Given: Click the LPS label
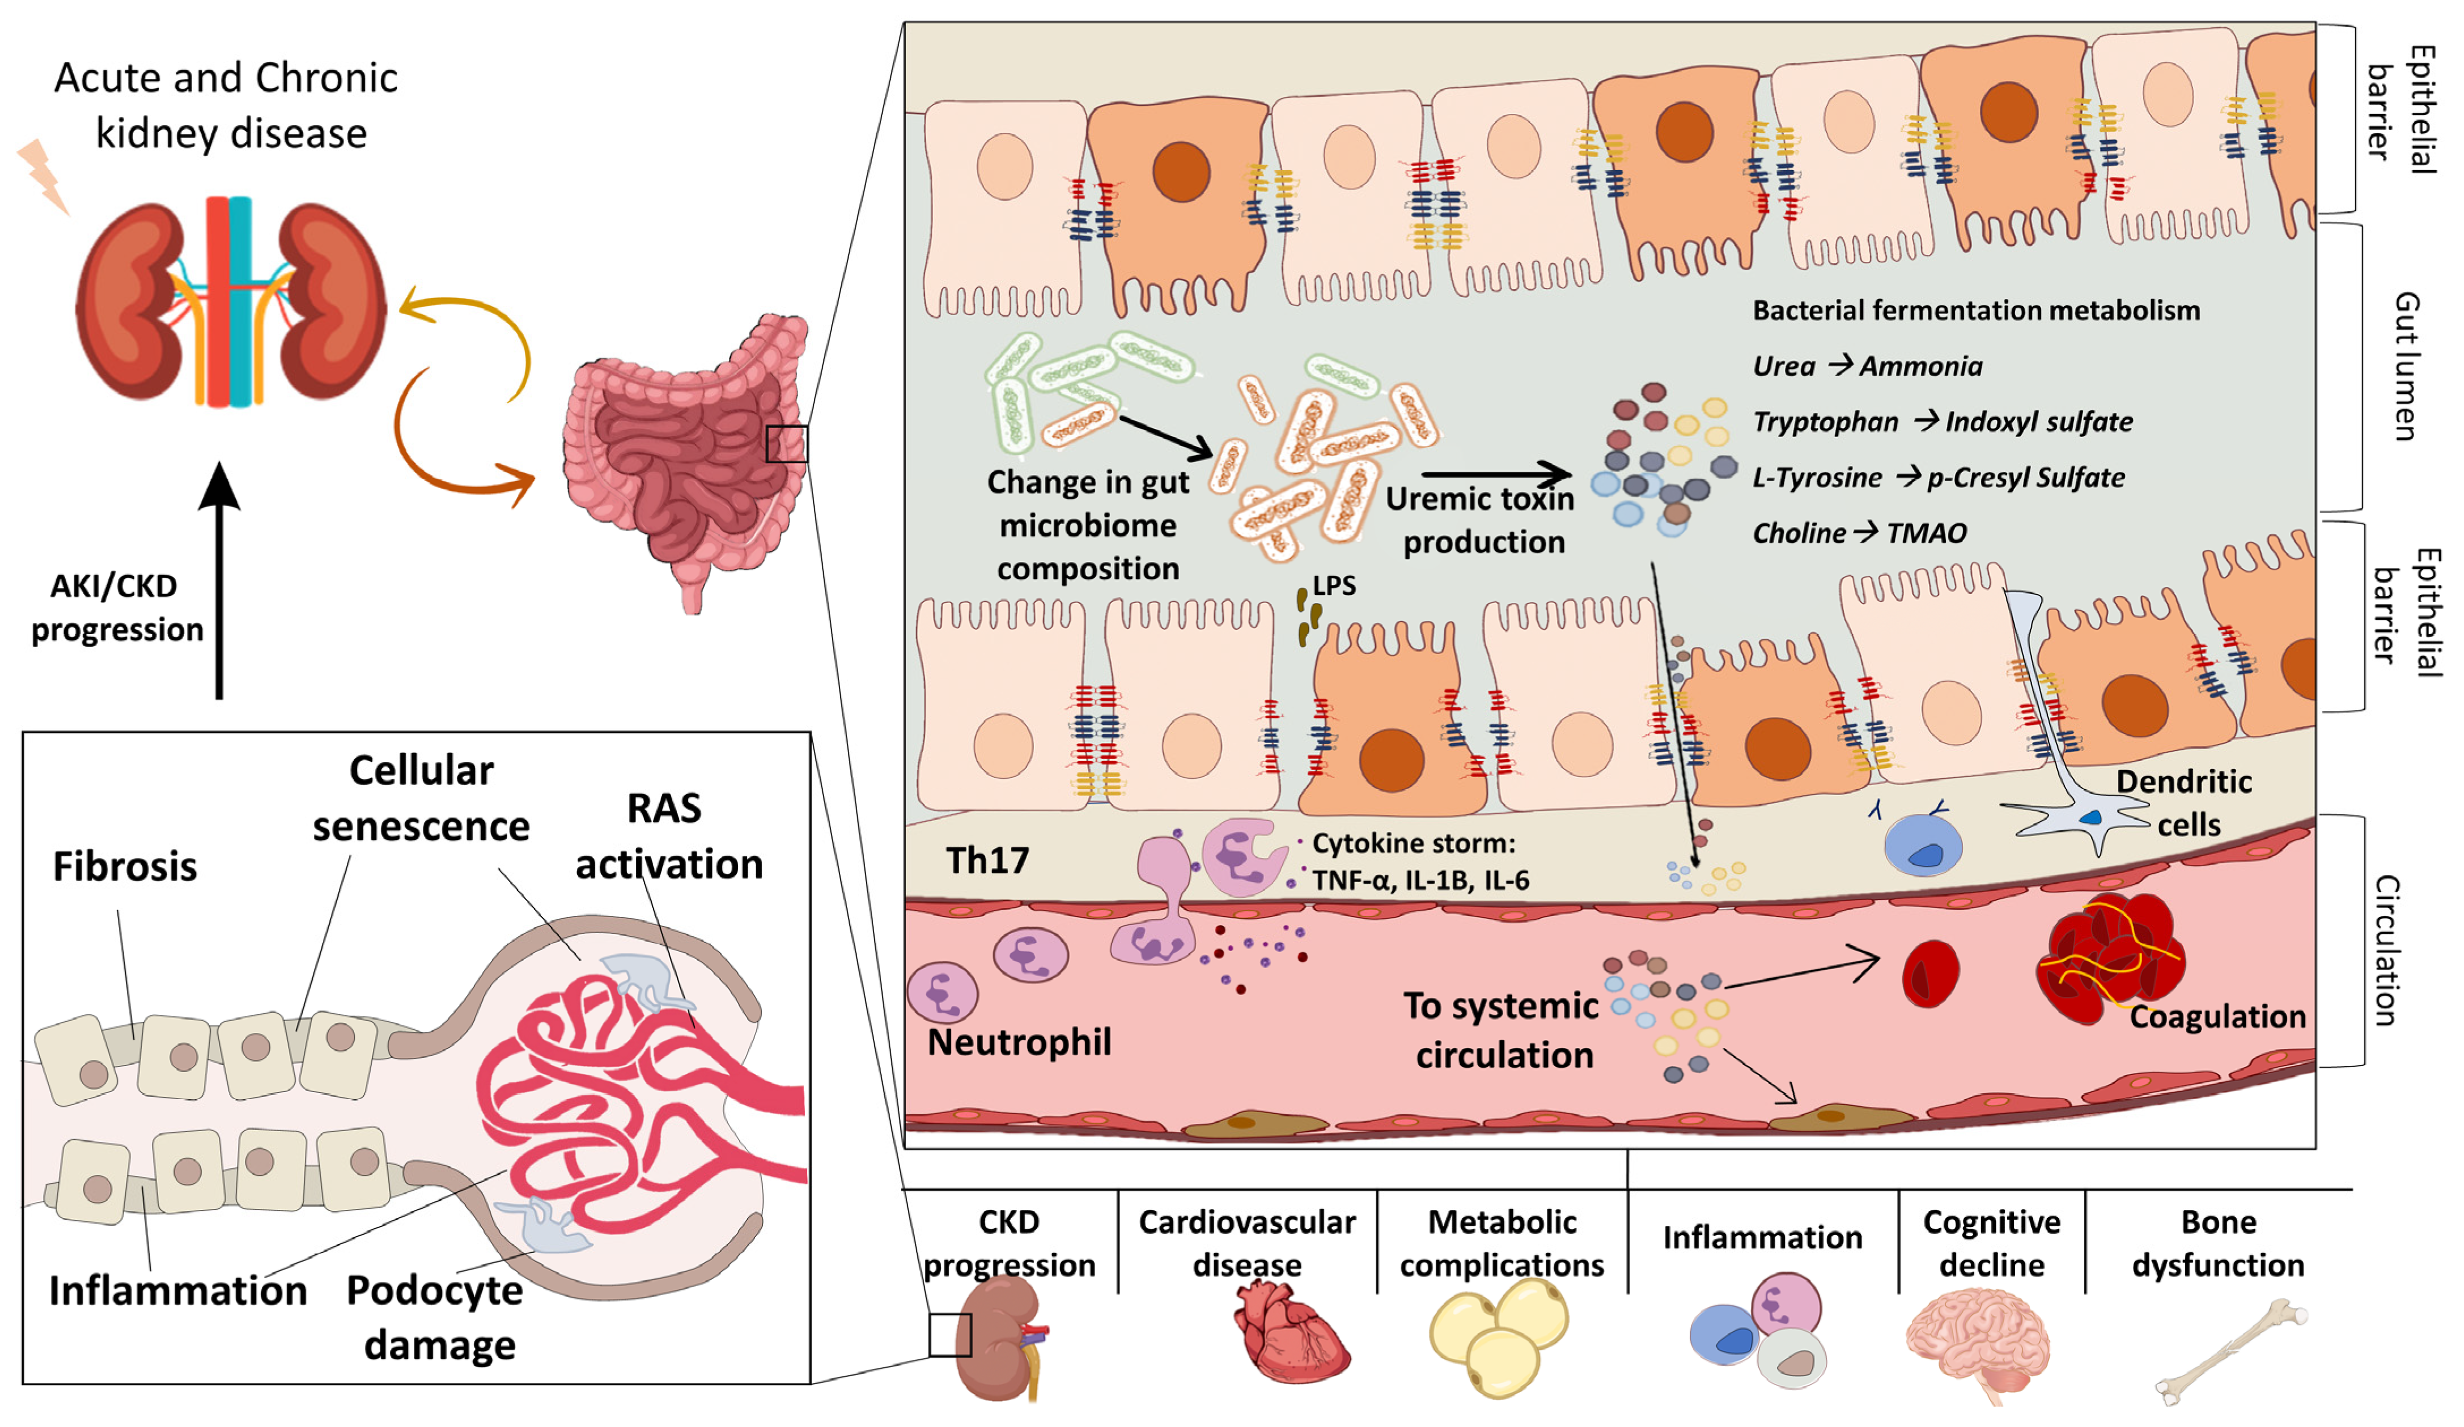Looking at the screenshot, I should pos(1334,585).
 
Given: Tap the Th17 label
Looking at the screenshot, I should pos(987,860).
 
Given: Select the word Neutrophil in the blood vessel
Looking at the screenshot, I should pos(1018,1042).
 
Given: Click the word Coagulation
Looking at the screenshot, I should pos(2217,1017).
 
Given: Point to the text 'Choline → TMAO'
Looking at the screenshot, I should pos(1859,533).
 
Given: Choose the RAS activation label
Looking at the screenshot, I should pos(668,836).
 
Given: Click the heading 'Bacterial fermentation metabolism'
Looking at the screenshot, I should pos(1975,311).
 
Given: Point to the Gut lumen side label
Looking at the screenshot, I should pos(2406,367).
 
